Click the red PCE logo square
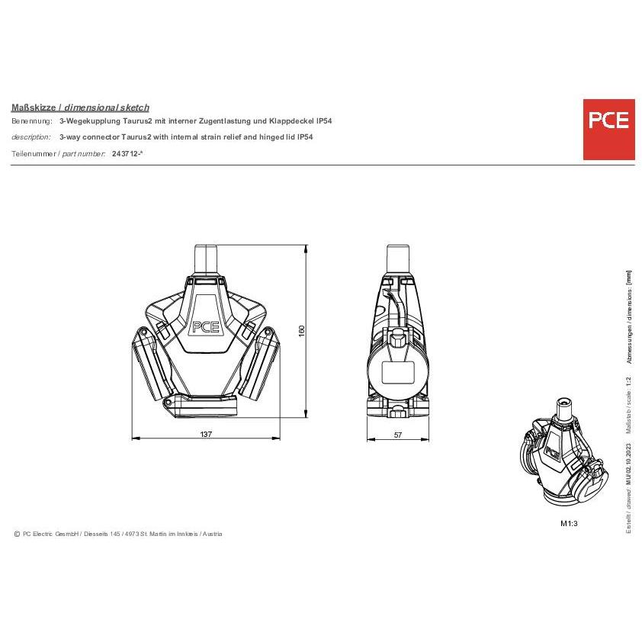(609, 130)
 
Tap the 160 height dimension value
(302, 331)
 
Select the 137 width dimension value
(206, 434)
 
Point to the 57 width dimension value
(398, 435)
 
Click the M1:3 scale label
(569, 523)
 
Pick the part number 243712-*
(127, 153)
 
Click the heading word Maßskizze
(34, 108)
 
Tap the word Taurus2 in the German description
(137, 120)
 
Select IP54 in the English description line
(305, 136)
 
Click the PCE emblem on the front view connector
(206, 327)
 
